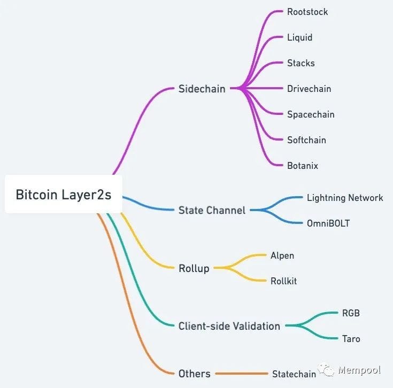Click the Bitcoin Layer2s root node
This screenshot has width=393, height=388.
tap(64, 194)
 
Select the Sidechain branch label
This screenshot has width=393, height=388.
tap(202, 89)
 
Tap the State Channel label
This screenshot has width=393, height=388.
tap(212, 210)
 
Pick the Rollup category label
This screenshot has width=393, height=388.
tap(194, 268)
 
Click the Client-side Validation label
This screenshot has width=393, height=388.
tap(229, 326)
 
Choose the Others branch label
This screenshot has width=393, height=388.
tap(194, 374)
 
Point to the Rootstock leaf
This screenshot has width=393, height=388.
tap(307, 12)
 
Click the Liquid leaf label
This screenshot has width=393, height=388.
tap(299, 37)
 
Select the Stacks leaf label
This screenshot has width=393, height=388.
tap(300, 63)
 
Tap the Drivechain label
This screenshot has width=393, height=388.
tap(309, 89)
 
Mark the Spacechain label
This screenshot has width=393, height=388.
tap(310, 114)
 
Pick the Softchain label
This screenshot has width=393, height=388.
tap(306, 140)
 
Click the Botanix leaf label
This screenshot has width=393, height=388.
tap(302, 166)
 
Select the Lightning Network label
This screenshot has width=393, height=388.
tap(345, 198)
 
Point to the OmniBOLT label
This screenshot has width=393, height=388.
tap(328, 223)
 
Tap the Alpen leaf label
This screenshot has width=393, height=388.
tap(282, 255)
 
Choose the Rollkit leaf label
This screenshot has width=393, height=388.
tap(283, 281)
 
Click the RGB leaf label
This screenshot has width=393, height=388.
tap(351, 313)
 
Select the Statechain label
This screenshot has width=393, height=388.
tap(294, 374)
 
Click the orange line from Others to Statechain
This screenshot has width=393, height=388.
tap(241, 374)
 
